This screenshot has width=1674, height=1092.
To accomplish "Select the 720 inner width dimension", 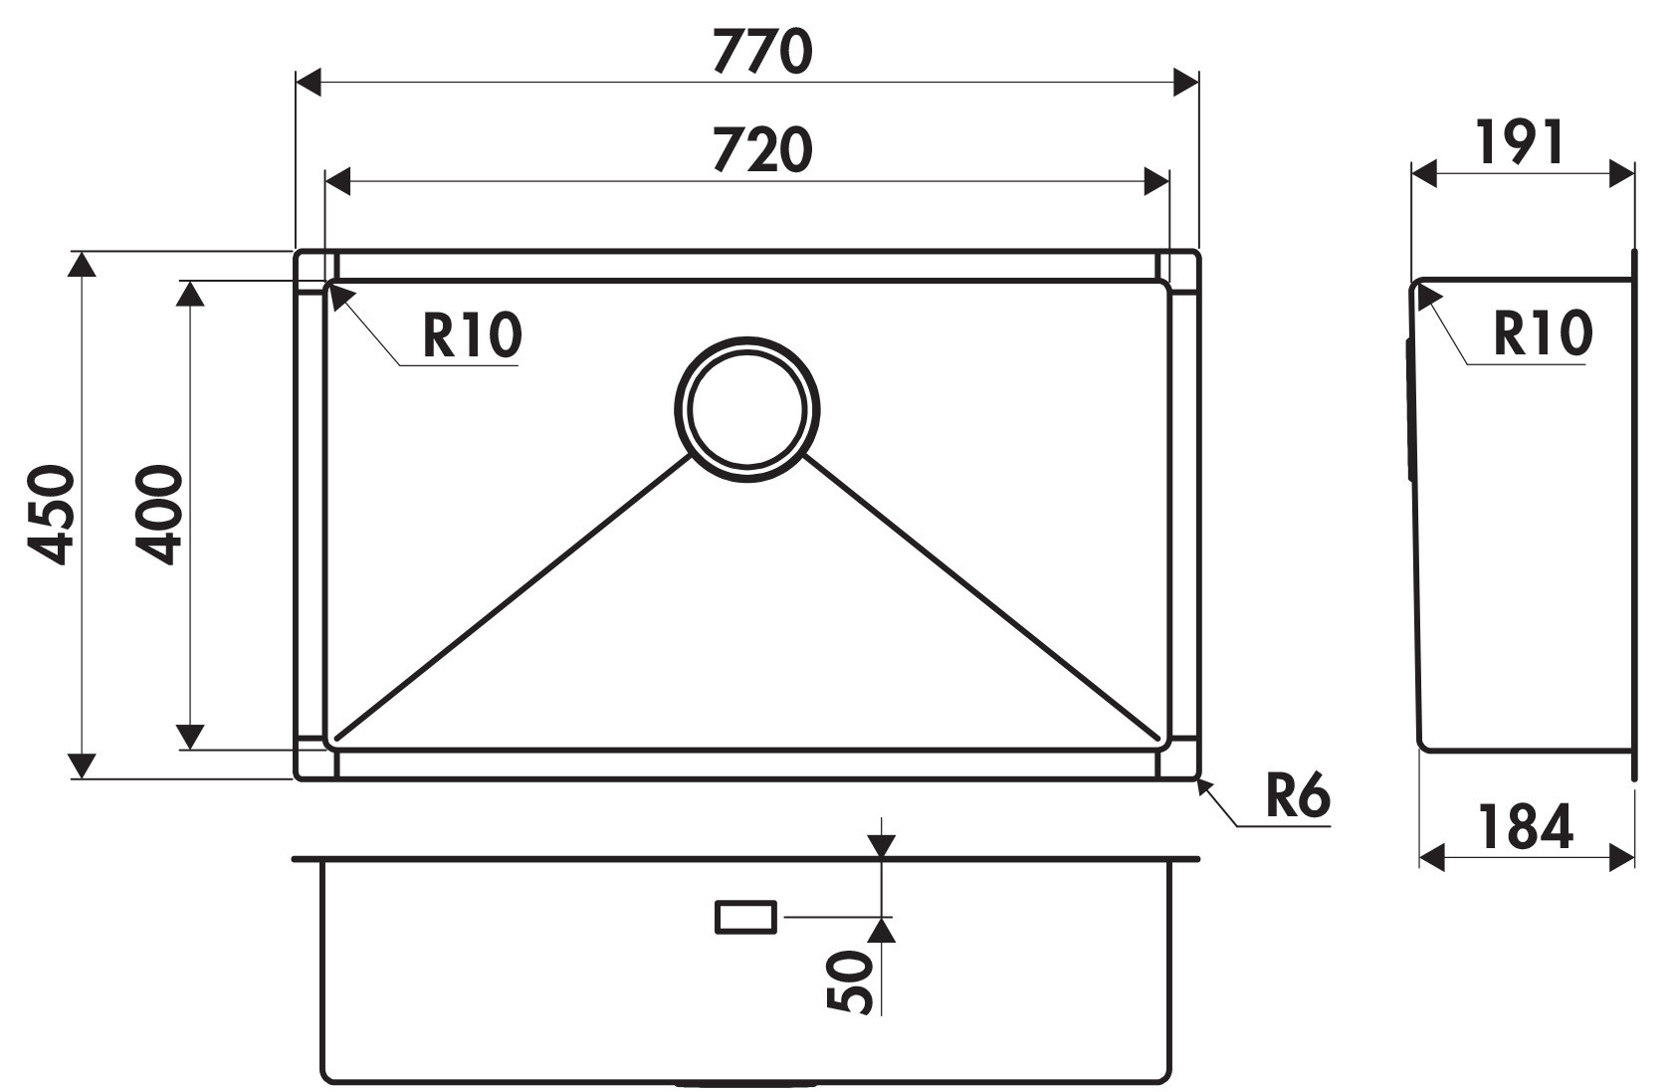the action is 762,149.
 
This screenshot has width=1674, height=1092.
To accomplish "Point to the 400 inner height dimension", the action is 159,515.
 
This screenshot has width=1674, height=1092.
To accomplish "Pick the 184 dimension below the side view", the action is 1525,826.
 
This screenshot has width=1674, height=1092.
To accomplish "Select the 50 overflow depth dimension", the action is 851,983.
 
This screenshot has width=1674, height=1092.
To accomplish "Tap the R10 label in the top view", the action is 472,335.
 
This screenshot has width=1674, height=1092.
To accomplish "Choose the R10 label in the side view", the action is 1543,333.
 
